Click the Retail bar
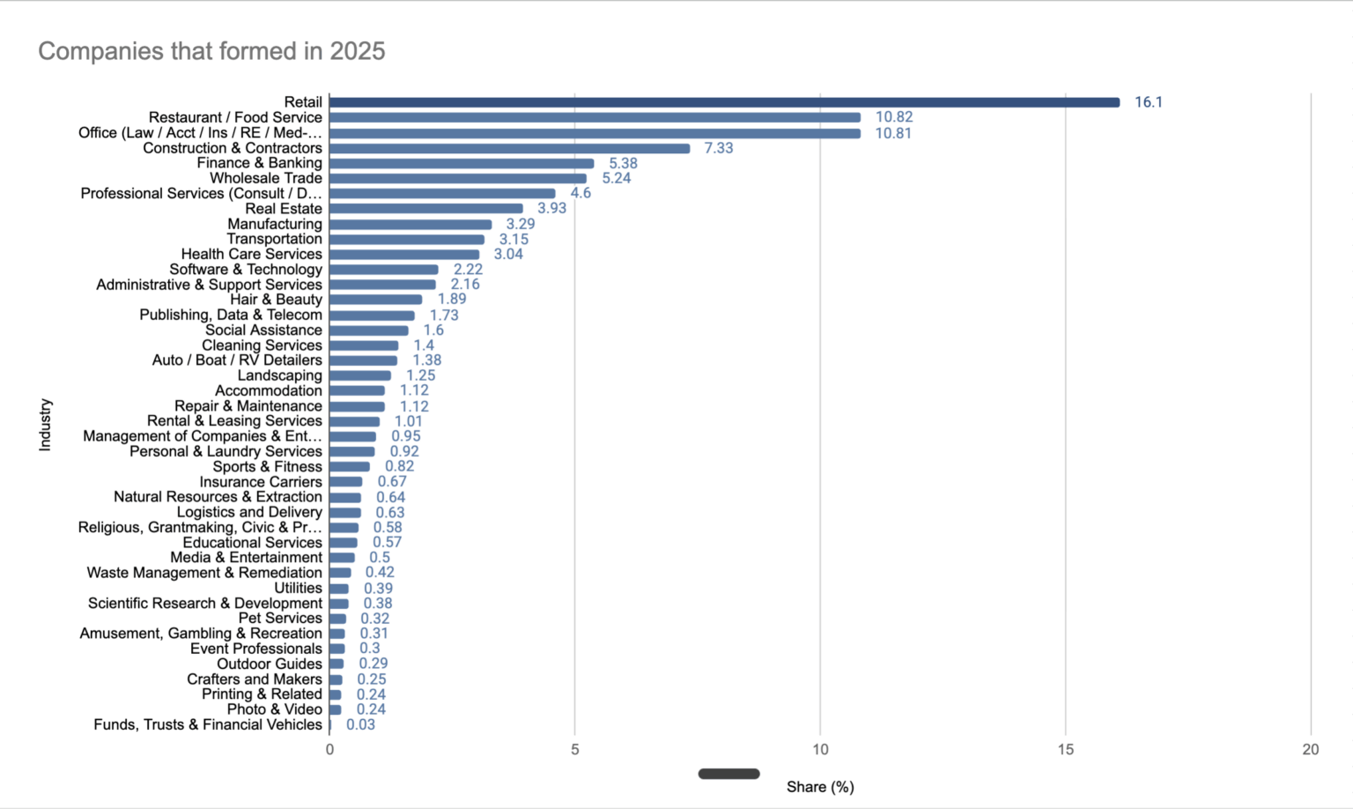pyautogui.click(x=724, y=102)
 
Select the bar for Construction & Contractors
pyautogui.click(x=509, y=148)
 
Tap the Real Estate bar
pyautogui.click(x=425, y=209)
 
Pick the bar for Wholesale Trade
pyautogui.click(x=458, y=178)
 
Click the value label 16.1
pyautogui.click(x=1148, y=102)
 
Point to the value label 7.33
pyautogui.click(x=718, y=148)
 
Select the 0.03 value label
pyautogui.click(x=360, y=724)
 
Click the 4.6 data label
pyautogui.click(x=580, y=193)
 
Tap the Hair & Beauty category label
pyautogui.click(x=276, y=300)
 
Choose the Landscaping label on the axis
pyautogui.click(x=279, y=375)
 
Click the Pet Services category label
pyautogui.click(x=279, y=618)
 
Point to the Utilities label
pyautogui.click(x=298, y=588)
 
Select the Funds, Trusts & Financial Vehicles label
pyautogui.click(x=208, y=724)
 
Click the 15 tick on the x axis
pyautogui.click(x=1065, y=749)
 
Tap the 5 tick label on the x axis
pyautogui.click(x=574, y=749)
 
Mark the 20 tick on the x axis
pyautogui.click(x=1310, y=749)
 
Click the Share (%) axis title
pyautogui.click(x=820, y=787)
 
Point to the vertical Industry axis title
pyautogui.click(x=46, y=425)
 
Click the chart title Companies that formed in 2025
pyautogui.click(x=211, y=51)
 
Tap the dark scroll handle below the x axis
pyautogui.click(x=728, y=774)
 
